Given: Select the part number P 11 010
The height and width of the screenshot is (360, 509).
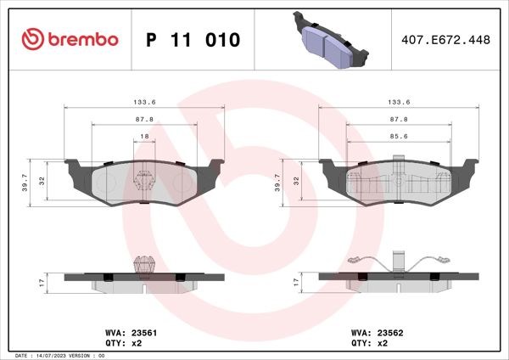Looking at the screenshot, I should pos(193,40).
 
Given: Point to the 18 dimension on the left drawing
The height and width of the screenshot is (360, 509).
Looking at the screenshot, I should pos(144,136).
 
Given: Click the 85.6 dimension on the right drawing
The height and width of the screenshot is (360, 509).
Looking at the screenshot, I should pos(398,136).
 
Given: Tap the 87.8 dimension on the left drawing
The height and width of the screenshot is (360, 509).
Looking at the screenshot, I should pos(144,120).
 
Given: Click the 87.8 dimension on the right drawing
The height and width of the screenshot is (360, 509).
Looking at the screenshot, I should pos(398,120).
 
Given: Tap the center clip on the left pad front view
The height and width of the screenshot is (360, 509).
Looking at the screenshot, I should pos(144,179).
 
